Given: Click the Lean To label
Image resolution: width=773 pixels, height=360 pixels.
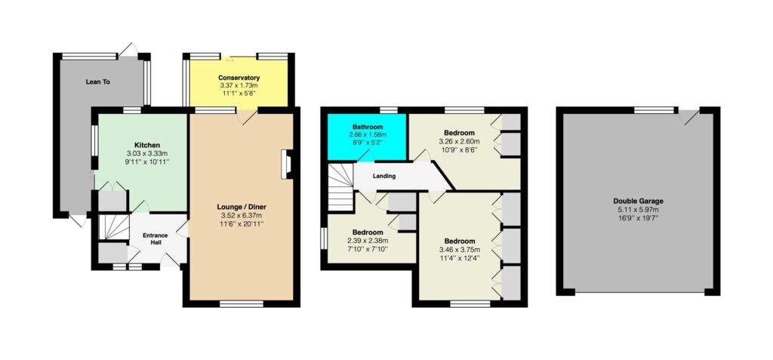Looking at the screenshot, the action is click(97, 82).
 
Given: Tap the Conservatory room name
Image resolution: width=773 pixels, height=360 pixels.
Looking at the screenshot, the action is click(239, 78).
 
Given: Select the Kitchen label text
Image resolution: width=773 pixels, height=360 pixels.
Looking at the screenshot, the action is click(147, 145).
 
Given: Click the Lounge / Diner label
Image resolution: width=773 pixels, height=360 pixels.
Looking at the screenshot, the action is click(242, 207).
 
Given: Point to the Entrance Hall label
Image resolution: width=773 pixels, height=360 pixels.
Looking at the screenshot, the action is click(156, 238).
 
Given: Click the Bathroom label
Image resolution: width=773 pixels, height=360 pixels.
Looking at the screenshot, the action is click(368, 128).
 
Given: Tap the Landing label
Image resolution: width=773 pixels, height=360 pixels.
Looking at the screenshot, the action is click(384, 176).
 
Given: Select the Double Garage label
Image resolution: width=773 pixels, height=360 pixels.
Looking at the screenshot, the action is click(639, 202).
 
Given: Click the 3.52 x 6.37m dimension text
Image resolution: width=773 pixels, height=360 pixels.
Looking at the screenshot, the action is click(242, 215).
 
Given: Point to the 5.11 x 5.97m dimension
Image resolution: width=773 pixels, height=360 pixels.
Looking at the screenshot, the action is click(639, 209).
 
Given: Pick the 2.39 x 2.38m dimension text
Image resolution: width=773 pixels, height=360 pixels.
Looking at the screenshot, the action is click(368, 241).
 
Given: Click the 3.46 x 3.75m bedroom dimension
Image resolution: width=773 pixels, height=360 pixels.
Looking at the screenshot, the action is click(460, 250).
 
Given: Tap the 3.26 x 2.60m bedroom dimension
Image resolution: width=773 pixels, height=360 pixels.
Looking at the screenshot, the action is click(460, 141).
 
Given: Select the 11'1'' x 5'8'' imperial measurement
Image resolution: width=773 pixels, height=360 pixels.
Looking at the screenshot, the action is click(239, 93).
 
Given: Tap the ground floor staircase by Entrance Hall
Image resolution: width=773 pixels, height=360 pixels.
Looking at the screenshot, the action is click(114, 227).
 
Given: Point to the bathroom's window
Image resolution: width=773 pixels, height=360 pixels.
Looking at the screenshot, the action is click(389, 110).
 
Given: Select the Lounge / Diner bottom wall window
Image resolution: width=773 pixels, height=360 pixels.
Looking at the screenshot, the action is click(242, 304).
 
